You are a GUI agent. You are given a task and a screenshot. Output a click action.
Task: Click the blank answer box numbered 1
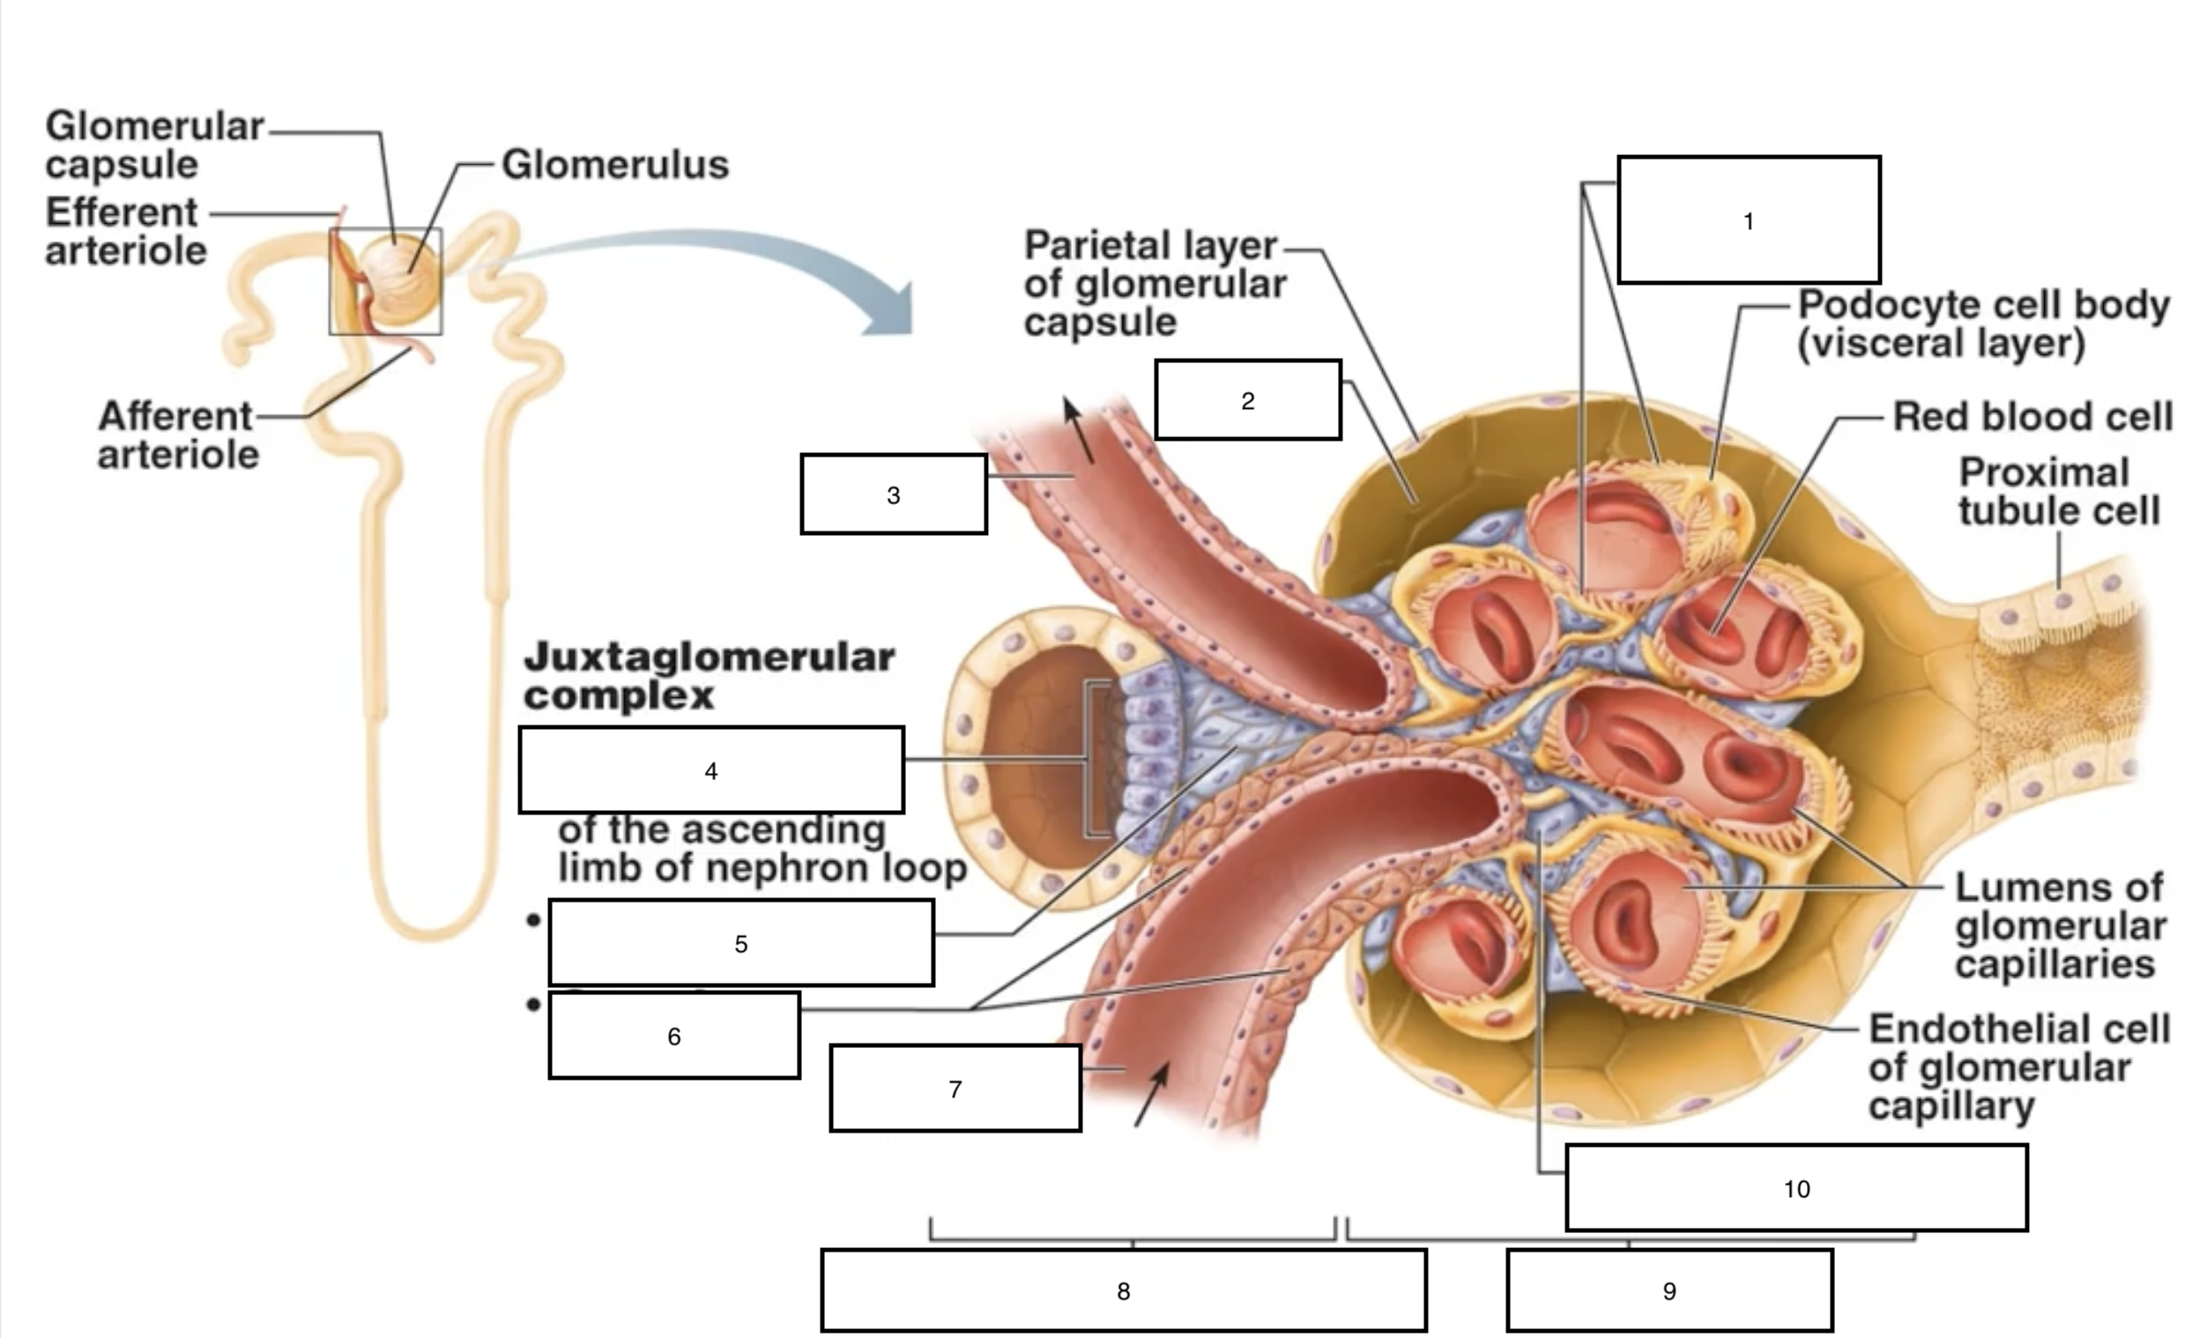(x=1748, y=220)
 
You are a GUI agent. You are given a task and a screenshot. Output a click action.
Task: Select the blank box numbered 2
(x=1247, y=400)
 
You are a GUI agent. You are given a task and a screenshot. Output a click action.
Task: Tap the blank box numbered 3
(x=893, y=494)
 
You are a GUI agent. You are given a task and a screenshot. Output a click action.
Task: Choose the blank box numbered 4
(x=710, y=770)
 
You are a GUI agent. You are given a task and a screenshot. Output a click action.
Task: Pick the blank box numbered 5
(x=740, y=943)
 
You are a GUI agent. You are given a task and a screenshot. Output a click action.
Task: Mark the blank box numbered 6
(x=673, y=1036)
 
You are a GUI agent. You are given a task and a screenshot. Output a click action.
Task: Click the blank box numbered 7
(x=955, y=1089)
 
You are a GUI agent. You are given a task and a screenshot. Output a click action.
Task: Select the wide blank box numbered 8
(x=1123, y=1290)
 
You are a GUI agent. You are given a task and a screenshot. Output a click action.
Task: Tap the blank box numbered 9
(x=1668, y=1290)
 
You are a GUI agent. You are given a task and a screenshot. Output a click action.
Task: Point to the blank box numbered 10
(x=1796, y=1187)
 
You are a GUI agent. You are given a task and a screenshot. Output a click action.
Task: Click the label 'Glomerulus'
(x=614, y=165)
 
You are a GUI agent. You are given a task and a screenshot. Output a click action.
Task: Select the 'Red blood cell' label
(x=2032, y=416)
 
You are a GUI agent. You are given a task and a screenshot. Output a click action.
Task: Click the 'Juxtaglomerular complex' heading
(x=708, y=675)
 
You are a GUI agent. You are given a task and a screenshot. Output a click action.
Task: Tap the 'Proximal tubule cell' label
(x=2058, y=492)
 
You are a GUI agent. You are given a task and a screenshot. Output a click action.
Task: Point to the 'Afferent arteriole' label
(x=177, y=435)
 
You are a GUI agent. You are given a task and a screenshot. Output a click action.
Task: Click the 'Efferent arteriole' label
(x=125, y=231)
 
